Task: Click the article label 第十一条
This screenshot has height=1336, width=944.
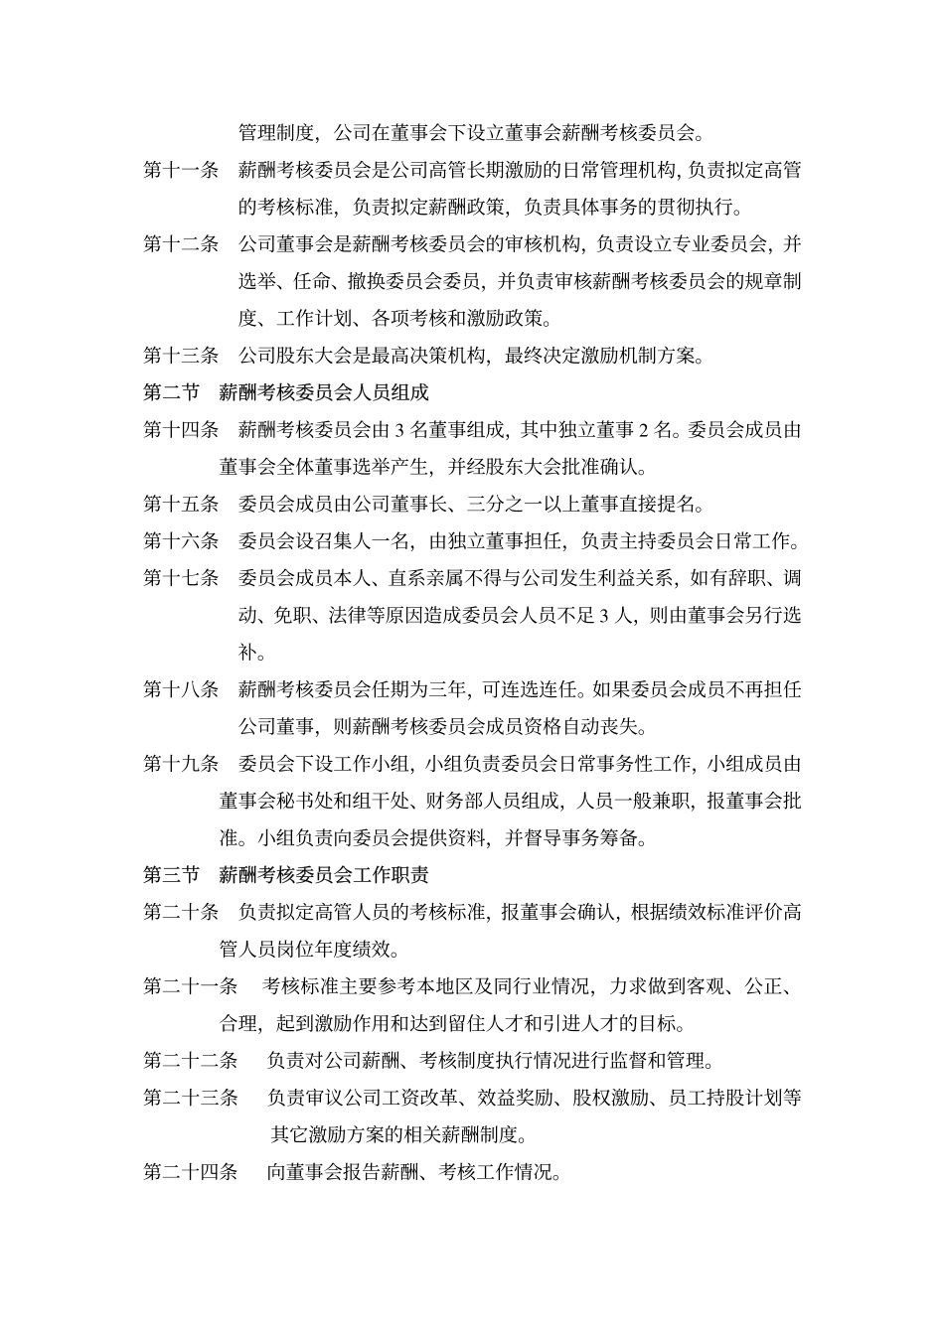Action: (x=181, y=171)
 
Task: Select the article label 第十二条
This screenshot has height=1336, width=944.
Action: (x=181, y=244)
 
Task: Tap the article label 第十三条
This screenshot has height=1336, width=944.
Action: (x=181, y=356)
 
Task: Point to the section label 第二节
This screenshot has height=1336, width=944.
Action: (x=171, y=392)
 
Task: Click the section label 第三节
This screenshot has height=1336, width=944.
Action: (x=171, y=875)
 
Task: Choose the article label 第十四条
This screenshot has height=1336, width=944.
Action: (x=181, y=430)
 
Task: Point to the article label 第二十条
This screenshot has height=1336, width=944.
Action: (x=181, y=912)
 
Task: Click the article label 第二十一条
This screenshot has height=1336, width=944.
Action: (x=191, y=986)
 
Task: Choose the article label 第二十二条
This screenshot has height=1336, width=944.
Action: (x=191, y=1061)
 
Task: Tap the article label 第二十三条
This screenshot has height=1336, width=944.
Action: (x=191, y=1098)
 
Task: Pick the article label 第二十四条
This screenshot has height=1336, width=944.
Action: (x=191, y=1172)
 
